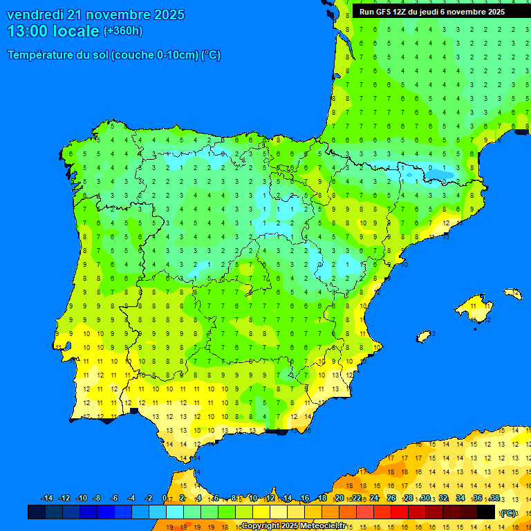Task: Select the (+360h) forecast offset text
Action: tap(122, 30)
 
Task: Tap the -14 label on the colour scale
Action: tap(47, 498)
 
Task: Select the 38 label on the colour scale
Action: tap(494, 498)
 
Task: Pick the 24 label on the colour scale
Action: tap(374, 498)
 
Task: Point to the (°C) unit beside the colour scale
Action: tap(508, 512)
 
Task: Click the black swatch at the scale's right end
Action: tap(486, 512)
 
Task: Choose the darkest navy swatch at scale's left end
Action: tap(37, 512)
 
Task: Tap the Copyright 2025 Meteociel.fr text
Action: tap(293, 525)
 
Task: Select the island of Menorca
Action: tap(512, 293)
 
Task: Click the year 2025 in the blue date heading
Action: tap(168, 15)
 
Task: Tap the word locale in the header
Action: tap(76, 31)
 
